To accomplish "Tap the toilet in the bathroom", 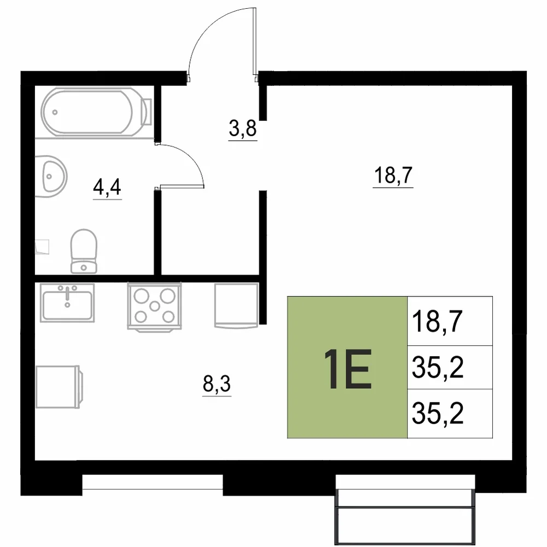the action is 84,251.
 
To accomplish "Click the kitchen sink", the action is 67,302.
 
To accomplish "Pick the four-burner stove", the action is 155,307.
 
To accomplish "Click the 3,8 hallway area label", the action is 243,129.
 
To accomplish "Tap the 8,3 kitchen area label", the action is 217,384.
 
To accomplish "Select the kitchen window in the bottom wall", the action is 153,483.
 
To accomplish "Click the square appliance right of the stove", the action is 236,305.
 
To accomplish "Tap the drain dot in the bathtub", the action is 55,112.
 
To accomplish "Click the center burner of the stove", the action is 155,306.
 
